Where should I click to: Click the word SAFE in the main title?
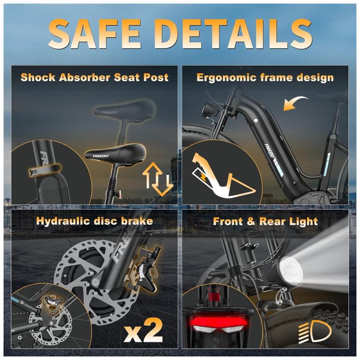[x=95, y=33]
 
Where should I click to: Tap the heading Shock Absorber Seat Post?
[x=95, y=77]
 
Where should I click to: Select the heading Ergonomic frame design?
[x=265, y=78]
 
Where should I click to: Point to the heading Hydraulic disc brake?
[x=95, y=221]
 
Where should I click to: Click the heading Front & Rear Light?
[x=265, y=221]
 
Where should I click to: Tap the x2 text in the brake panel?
[x=143, y=331]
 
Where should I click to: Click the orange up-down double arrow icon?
[x=158, y=179]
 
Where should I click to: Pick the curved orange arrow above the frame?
[x=295, y=103]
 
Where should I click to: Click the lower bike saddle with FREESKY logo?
[x=116, y=152]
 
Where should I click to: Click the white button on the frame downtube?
[x=256, y=120]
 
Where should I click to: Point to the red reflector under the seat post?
[x=120, y=194]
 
